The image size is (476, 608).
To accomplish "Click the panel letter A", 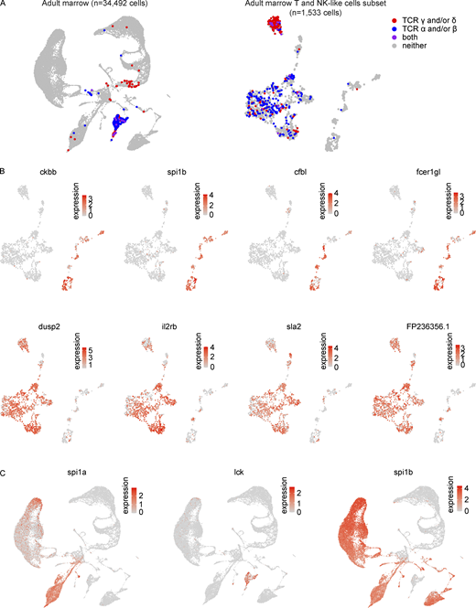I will tap(5, 5).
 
